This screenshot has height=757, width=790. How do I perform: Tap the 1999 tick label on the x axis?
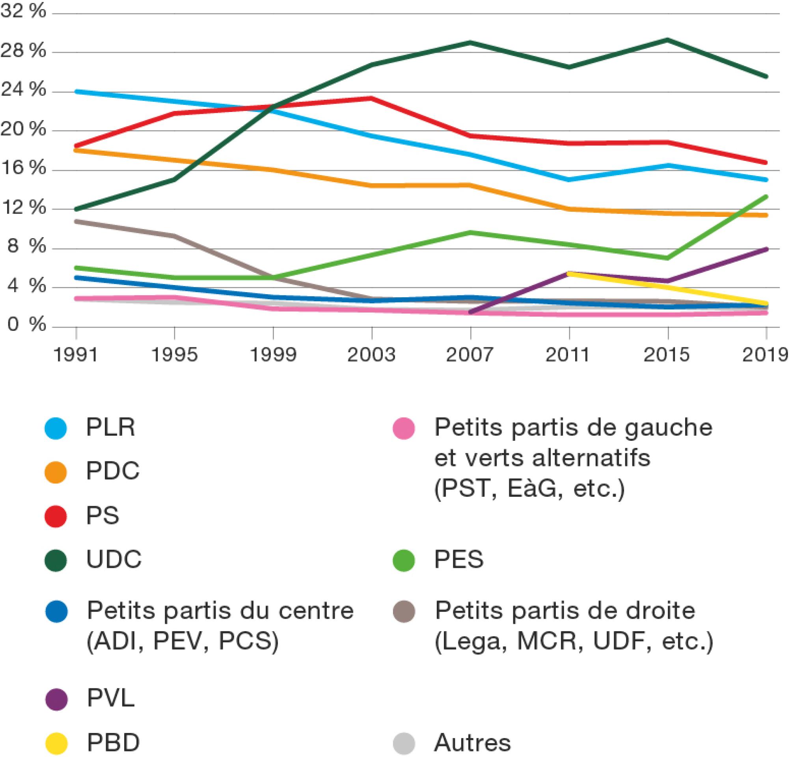click(273, 355)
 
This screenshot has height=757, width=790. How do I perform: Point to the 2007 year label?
click(470, 355)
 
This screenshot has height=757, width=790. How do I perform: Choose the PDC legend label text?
click(113, 470)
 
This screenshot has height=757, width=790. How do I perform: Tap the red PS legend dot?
click(56, 516)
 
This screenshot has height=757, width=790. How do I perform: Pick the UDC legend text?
click(114, 559)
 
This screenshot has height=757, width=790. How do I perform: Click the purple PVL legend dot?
click(56, 699)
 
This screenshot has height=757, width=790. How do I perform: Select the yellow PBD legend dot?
click(56, 743)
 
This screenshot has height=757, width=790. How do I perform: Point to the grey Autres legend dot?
click(404, 743)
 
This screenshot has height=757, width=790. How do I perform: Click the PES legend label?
click(459, 559)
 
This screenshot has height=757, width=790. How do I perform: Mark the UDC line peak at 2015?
click(668, 40)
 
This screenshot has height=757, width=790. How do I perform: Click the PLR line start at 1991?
click(76, 91)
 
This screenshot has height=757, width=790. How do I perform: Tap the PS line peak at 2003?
click(372, 98)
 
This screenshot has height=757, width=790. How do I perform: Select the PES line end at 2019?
click(766, 196)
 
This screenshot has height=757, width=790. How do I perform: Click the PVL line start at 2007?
click(471, 312)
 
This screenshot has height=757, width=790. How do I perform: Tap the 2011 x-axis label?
click(569, 355)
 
